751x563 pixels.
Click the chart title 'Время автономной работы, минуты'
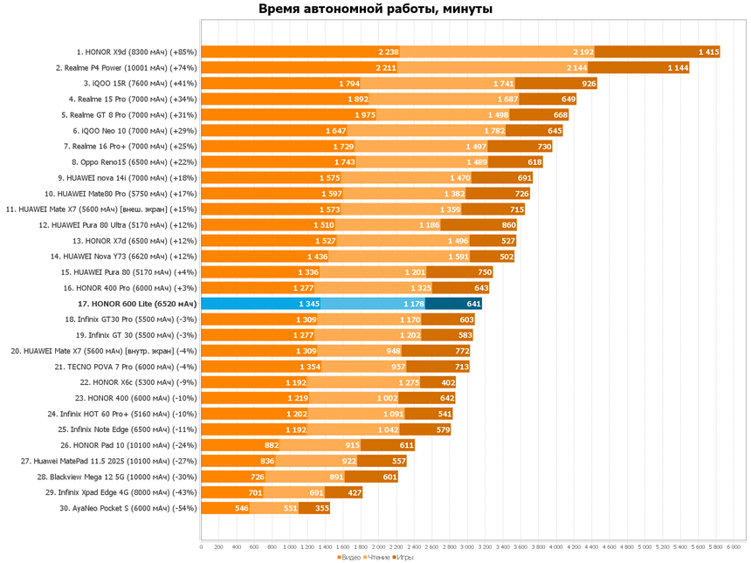pyautogui.click(x=375, y=10)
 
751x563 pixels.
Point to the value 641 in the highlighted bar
pyautogui.click(x=474, y=304)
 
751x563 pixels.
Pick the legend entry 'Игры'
pyautogui.click(x=403, y=557)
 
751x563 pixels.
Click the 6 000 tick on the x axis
pyautogui.click(x=734, y=547)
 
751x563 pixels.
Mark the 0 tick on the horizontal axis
pyautogui.click(x=202, y=547)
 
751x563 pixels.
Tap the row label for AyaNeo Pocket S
pyautogui.click(x=128, y=508)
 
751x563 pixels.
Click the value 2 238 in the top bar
pyautogui.click(x=389, y=51)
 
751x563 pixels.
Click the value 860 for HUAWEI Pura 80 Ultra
pyautogui.click(x=509, y=225)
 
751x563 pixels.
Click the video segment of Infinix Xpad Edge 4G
pyautogui.click(x=232, y=492)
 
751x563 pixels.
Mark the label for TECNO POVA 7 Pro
pyautogui.click(x=127, y=367)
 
